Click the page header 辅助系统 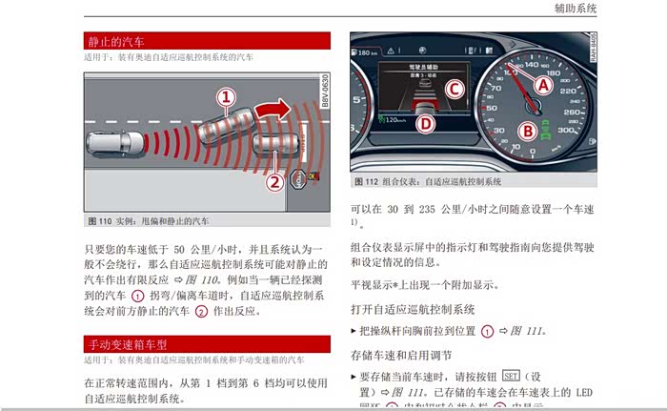coord(575,9)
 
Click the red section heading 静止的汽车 coord(116,41)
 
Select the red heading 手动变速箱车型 coord(128,344)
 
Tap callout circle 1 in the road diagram coord(225,96)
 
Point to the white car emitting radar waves coord(115,146)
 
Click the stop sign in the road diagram coord(298,178)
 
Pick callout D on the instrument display coord(426,122)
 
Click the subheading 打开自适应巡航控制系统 coord(413,309)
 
